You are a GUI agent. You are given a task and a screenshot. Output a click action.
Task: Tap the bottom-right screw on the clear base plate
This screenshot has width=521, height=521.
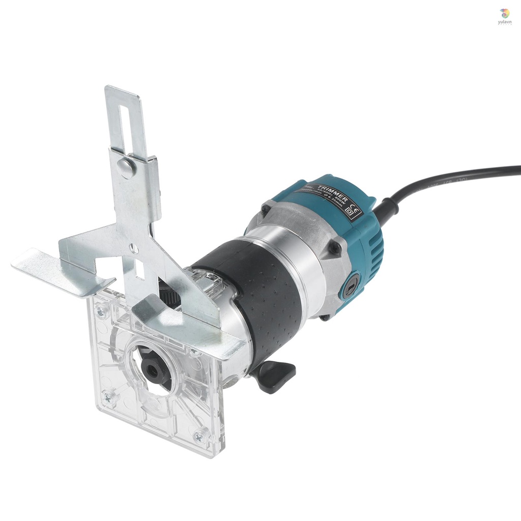[199, 436]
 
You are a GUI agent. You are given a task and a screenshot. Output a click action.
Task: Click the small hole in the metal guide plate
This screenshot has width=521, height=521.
[133, 248]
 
